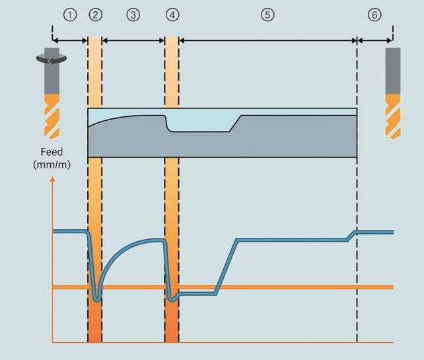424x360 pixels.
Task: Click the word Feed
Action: [x=47, y=151]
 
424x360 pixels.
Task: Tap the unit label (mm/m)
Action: [x=47, y=164]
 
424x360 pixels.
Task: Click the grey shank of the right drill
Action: [x=392, y=69]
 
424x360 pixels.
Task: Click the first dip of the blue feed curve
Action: [x=97, y=299]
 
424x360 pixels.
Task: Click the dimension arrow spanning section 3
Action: [x=134, y=41]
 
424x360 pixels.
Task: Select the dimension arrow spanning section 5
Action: [x=267, y=41]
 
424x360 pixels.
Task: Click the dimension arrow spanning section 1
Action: [x=70, y=41]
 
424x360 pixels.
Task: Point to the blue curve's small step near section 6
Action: [x=353, y=236]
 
